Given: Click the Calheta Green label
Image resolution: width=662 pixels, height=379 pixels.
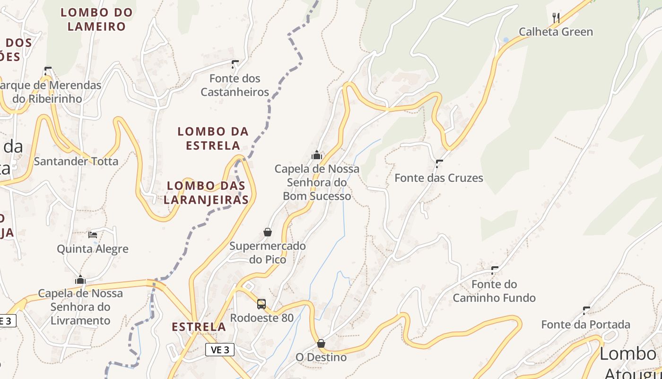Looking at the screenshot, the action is tap(556, 32).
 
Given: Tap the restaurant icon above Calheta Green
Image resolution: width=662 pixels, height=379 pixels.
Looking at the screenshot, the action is tap(556, 18).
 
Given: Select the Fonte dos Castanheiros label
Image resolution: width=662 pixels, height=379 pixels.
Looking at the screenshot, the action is tap(235, 85).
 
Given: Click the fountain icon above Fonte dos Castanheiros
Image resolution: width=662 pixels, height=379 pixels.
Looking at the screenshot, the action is tap(235, 64).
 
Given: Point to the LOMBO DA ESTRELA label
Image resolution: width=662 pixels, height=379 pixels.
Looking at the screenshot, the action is tap(213, 138).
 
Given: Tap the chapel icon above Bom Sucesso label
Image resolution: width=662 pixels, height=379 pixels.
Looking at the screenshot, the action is tap(317, 155).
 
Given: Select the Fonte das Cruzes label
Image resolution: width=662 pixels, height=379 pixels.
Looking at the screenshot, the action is tap(439, 178).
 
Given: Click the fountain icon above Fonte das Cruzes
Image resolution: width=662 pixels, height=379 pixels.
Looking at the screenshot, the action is tap(439, 164).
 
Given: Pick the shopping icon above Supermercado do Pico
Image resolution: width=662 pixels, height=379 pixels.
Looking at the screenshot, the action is tap(268, 232).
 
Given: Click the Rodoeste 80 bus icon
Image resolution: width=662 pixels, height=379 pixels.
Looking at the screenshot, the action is tap(261, 304).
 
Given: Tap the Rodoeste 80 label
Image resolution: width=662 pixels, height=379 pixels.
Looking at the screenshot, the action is tap(262, 317).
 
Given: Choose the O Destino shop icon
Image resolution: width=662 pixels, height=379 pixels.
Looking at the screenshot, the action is tap(321, 343).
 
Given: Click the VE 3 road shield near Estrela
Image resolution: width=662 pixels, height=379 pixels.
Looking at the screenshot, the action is tap(220, 350).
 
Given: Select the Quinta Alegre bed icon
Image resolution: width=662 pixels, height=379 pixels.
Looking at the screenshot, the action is tap(93, 235).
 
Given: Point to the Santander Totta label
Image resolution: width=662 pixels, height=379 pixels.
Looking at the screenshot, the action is tap(76, 161).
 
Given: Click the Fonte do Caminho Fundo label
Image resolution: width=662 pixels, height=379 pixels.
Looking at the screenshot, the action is tap(494, 291).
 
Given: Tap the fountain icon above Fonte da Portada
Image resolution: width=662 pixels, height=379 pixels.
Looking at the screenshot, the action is tap(586, 311).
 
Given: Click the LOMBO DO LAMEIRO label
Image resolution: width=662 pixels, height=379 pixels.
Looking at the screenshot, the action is tap(96, 19).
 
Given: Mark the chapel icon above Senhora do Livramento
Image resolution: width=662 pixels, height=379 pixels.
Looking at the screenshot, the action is tap(80, 280).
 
